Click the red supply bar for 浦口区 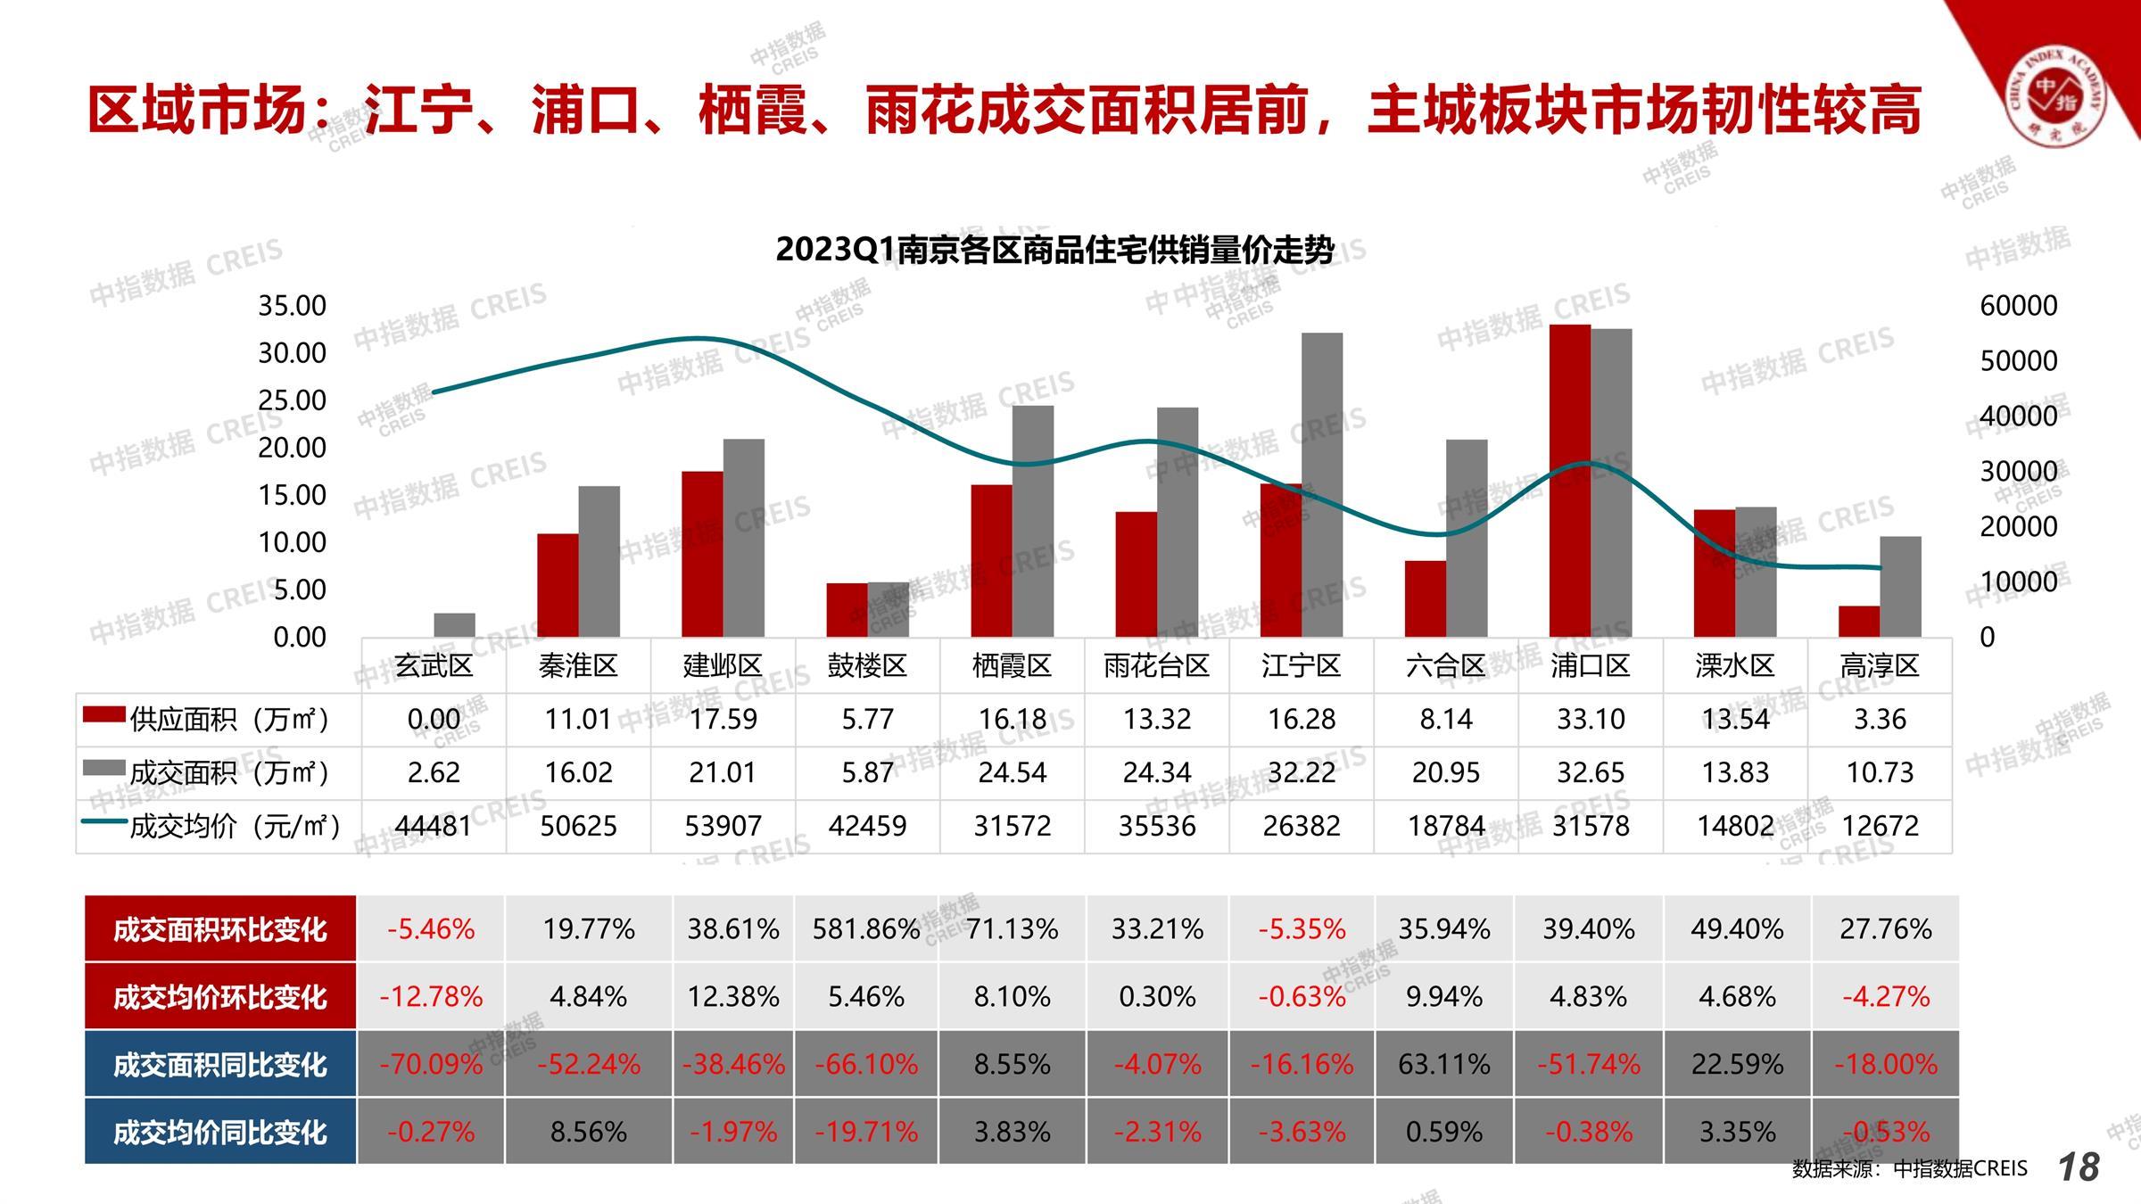pyautogui.click(x=1569, y=482)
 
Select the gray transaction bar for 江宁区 pyautogui.click(x=1322, y=486)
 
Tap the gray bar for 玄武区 pyautogui.click(x=454, y=624)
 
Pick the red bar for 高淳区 pyautogui.click(x=1859, y=622)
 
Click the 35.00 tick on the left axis pyautogui.click(x=293, y=306)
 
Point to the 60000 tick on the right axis pyautogui.click(x=2018, y=306)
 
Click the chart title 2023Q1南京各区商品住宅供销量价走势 pyautogui.click(x=1054, y=250)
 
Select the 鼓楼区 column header pyautogui.click(x=867, y=665)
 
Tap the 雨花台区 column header pyautogui.click(x=1156, y=665)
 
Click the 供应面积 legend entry pyautogui.click(x=207, y=719)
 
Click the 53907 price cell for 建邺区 pyautogui.click(x=723, y=826)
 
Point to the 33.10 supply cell pyautogui.click(x=1591, y=719)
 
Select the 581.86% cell pyautogui.click(x=865, y=929)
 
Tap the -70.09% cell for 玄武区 pyautogui.click(x=431, y=1064)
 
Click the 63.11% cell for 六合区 pyautogui.click(x=1443, y=1064)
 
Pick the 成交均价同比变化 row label pyautogui.click(x=219, y=1132)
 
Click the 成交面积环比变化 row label pyautogui.click(x=219, y=929)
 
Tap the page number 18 pyautogui.click(x=2079, y=1167)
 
